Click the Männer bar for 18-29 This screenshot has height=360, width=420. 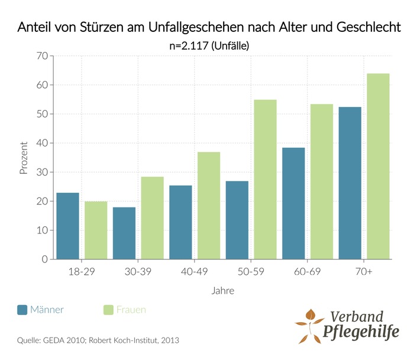point(67,226)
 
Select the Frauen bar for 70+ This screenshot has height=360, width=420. point(378,166)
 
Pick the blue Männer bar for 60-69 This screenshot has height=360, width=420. point(293,203)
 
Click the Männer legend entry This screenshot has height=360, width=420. point(41,309)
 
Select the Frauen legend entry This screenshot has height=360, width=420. point(125,309)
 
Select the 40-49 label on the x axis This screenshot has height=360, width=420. point(194,272)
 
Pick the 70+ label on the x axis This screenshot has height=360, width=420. point(364,272)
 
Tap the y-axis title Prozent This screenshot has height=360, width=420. point(24,158)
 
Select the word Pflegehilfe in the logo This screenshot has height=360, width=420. point(361,331)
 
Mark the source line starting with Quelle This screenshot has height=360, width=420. point(98,340)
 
